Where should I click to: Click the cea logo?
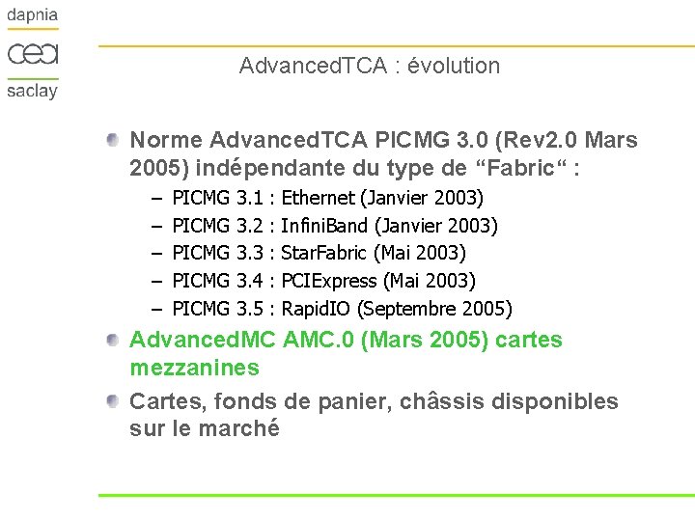[33, 52]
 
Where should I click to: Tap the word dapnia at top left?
[33, 16]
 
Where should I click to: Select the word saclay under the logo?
[33, 91]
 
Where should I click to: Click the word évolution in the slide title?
[454, 67]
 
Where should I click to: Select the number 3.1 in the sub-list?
[250, 199]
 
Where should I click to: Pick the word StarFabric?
[323, 254]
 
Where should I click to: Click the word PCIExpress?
[329, 282]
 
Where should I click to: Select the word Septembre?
[405, 310]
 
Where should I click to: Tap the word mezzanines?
[194, 368]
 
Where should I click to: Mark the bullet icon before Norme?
[114, 141]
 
